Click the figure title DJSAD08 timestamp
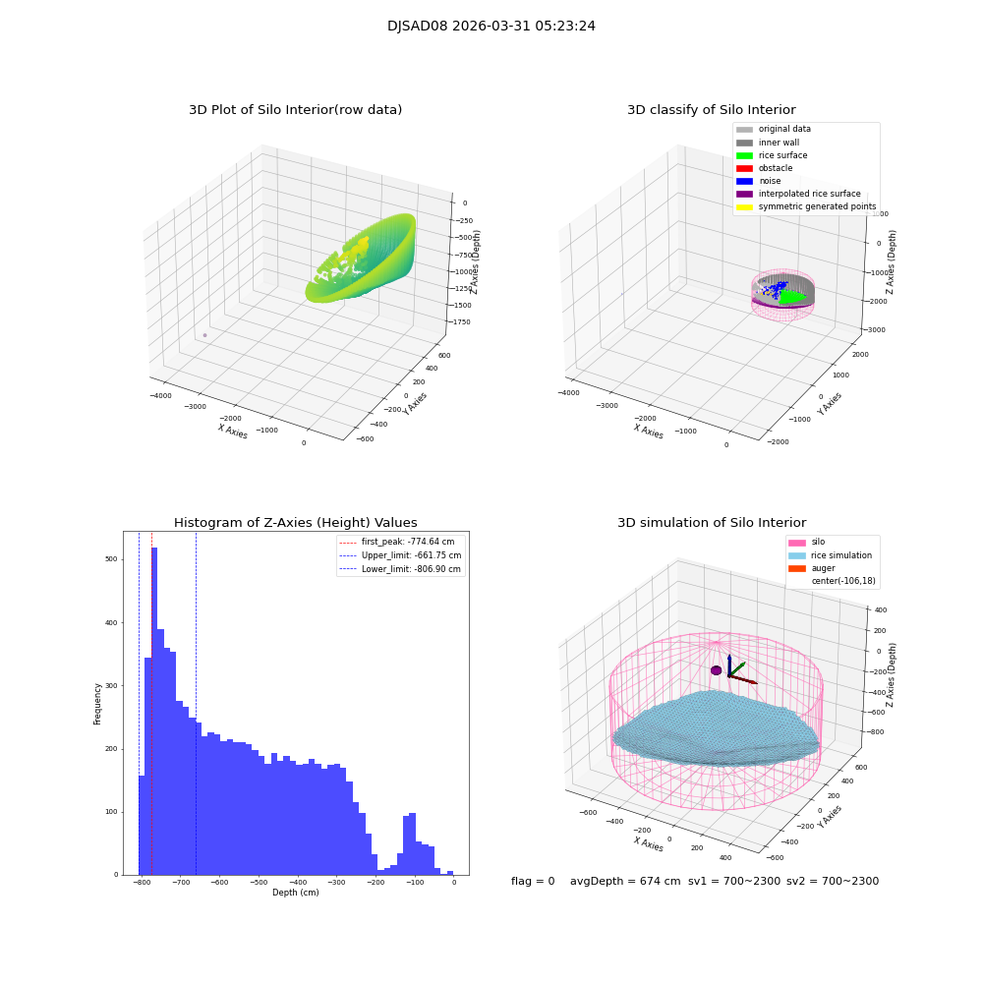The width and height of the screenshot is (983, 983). pos(491,27)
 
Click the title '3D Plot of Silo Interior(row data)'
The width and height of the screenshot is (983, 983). pos(295,110)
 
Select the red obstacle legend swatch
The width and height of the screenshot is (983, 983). pos(744,168)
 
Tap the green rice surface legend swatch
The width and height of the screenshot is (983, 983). pos(744,155)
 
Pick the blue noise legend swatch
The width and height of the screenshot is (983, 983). pos(744,181)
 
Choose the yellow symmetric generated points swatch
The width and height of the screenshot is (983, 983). pos(744,206)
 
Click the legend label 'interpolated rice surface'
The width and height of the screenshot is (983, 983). pos(809,194)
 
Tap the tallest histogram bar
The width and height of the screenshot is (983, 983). pos(154,708)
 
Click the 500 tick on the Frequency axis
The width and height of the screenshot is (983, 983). pos(111,559)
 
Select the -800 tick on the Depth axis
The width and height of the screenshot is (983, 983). pos(142,883)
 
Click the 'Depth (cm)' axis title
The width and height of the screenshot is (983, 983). pos(295,893)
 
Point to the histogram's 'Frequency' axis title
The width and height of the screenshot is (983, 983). pos(97,703)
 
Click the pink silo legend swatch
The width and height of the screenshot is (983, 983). pos(795,542)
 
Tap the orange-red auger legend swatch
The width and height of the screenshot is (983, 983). pos(795,568)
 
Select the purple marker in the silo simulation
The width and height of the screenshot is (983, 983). pos(716,670)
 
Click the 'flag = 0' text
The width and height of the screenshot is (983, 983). pos(533,881)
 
